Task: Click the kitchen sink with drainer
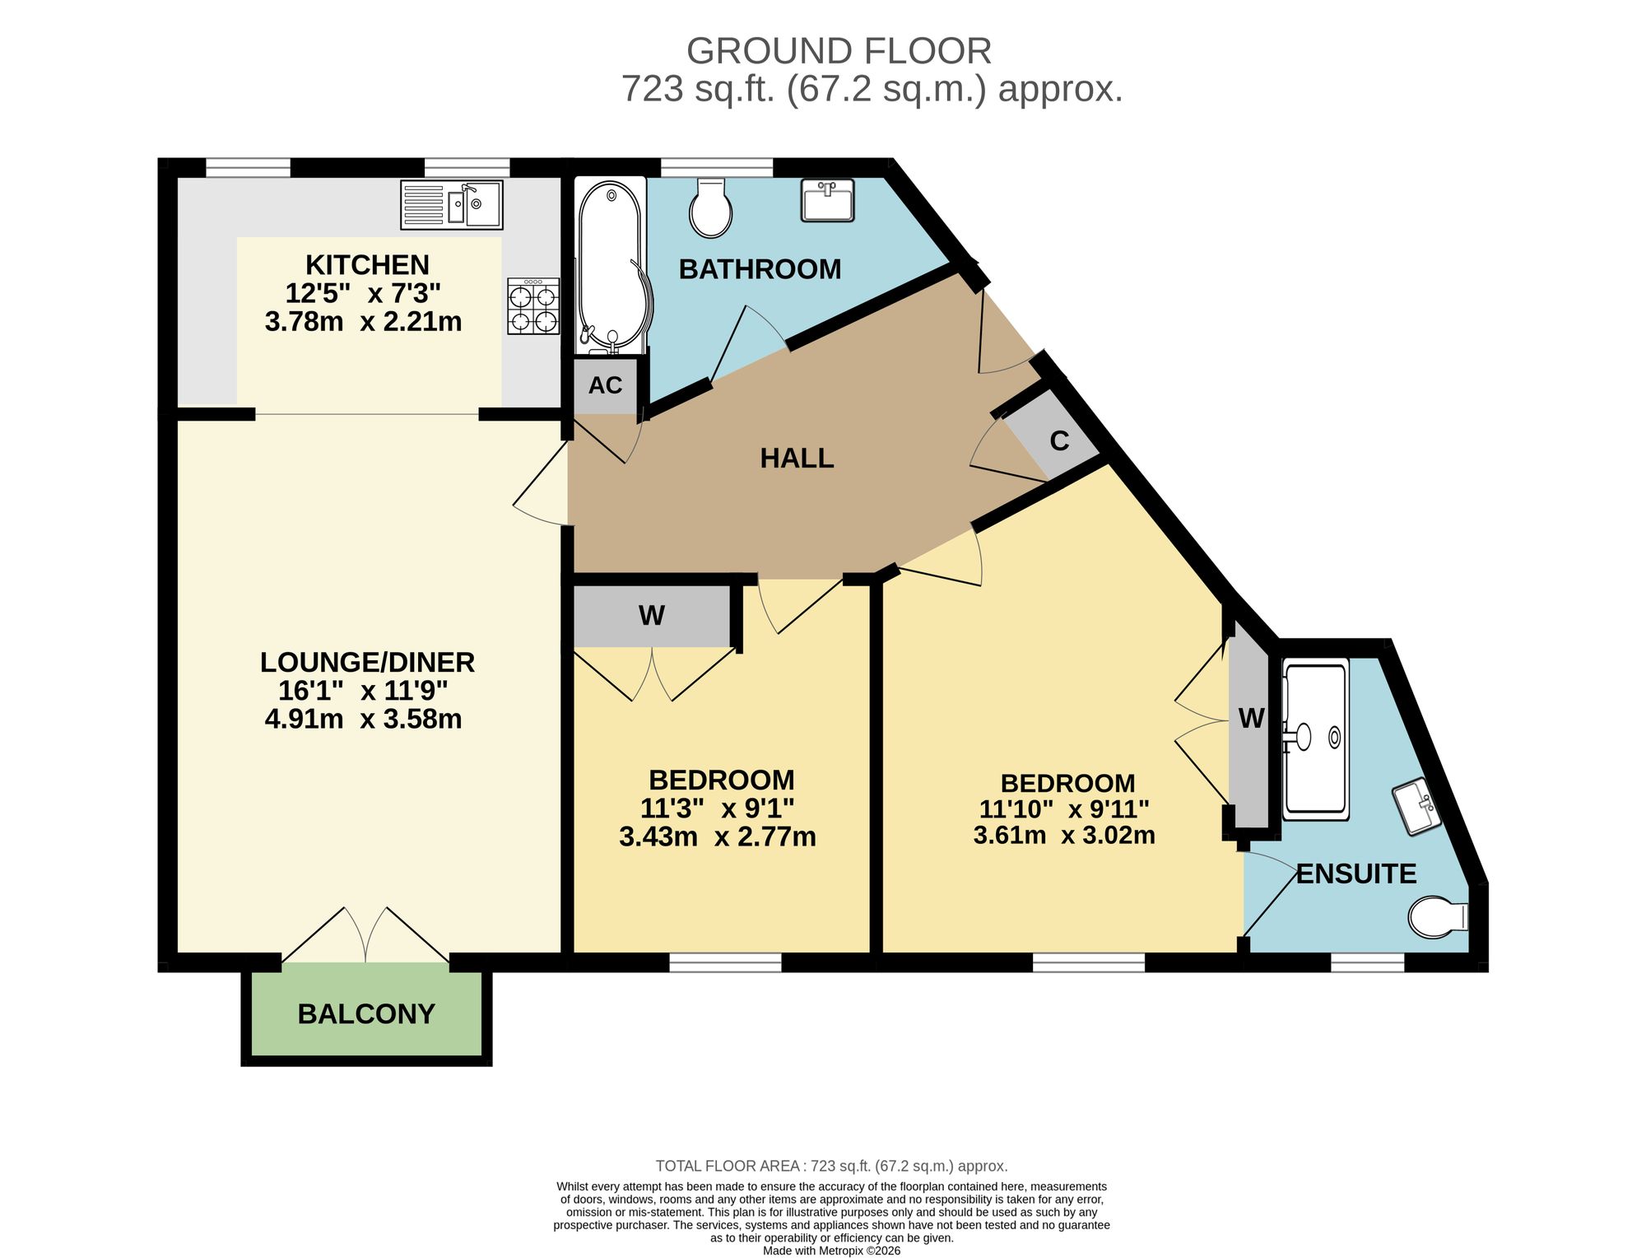tap(452, 204)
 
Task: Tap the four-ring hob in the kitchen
tap(533, 305)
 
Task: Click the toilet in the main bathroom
tap(711, 207)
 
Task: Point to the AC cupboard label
tap(605, 385)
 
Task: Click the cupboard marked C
tap(1051, 436)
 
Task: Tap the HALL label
tap(797, 458)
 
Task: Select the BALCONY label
tap(366, 1013)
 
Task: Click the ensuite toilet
tap(1438, 916)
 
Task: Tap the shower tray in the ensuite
tap(1316, 738)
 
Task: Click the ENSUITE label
tap(1356, 874)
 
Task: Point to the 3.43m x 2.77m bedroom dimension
tap(718, 837)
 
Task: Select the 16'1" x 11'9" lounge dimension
tap(364, 691)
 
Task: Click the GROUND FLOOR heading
tap(839, 51)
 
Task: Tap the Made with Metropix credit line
tap(831, 1251)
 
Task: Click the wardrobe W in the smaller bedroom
tap(652, 616)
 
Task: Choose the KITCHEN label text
tap(367, 265)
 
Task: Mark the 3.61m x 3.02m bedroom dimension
tap(1064, 836)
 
